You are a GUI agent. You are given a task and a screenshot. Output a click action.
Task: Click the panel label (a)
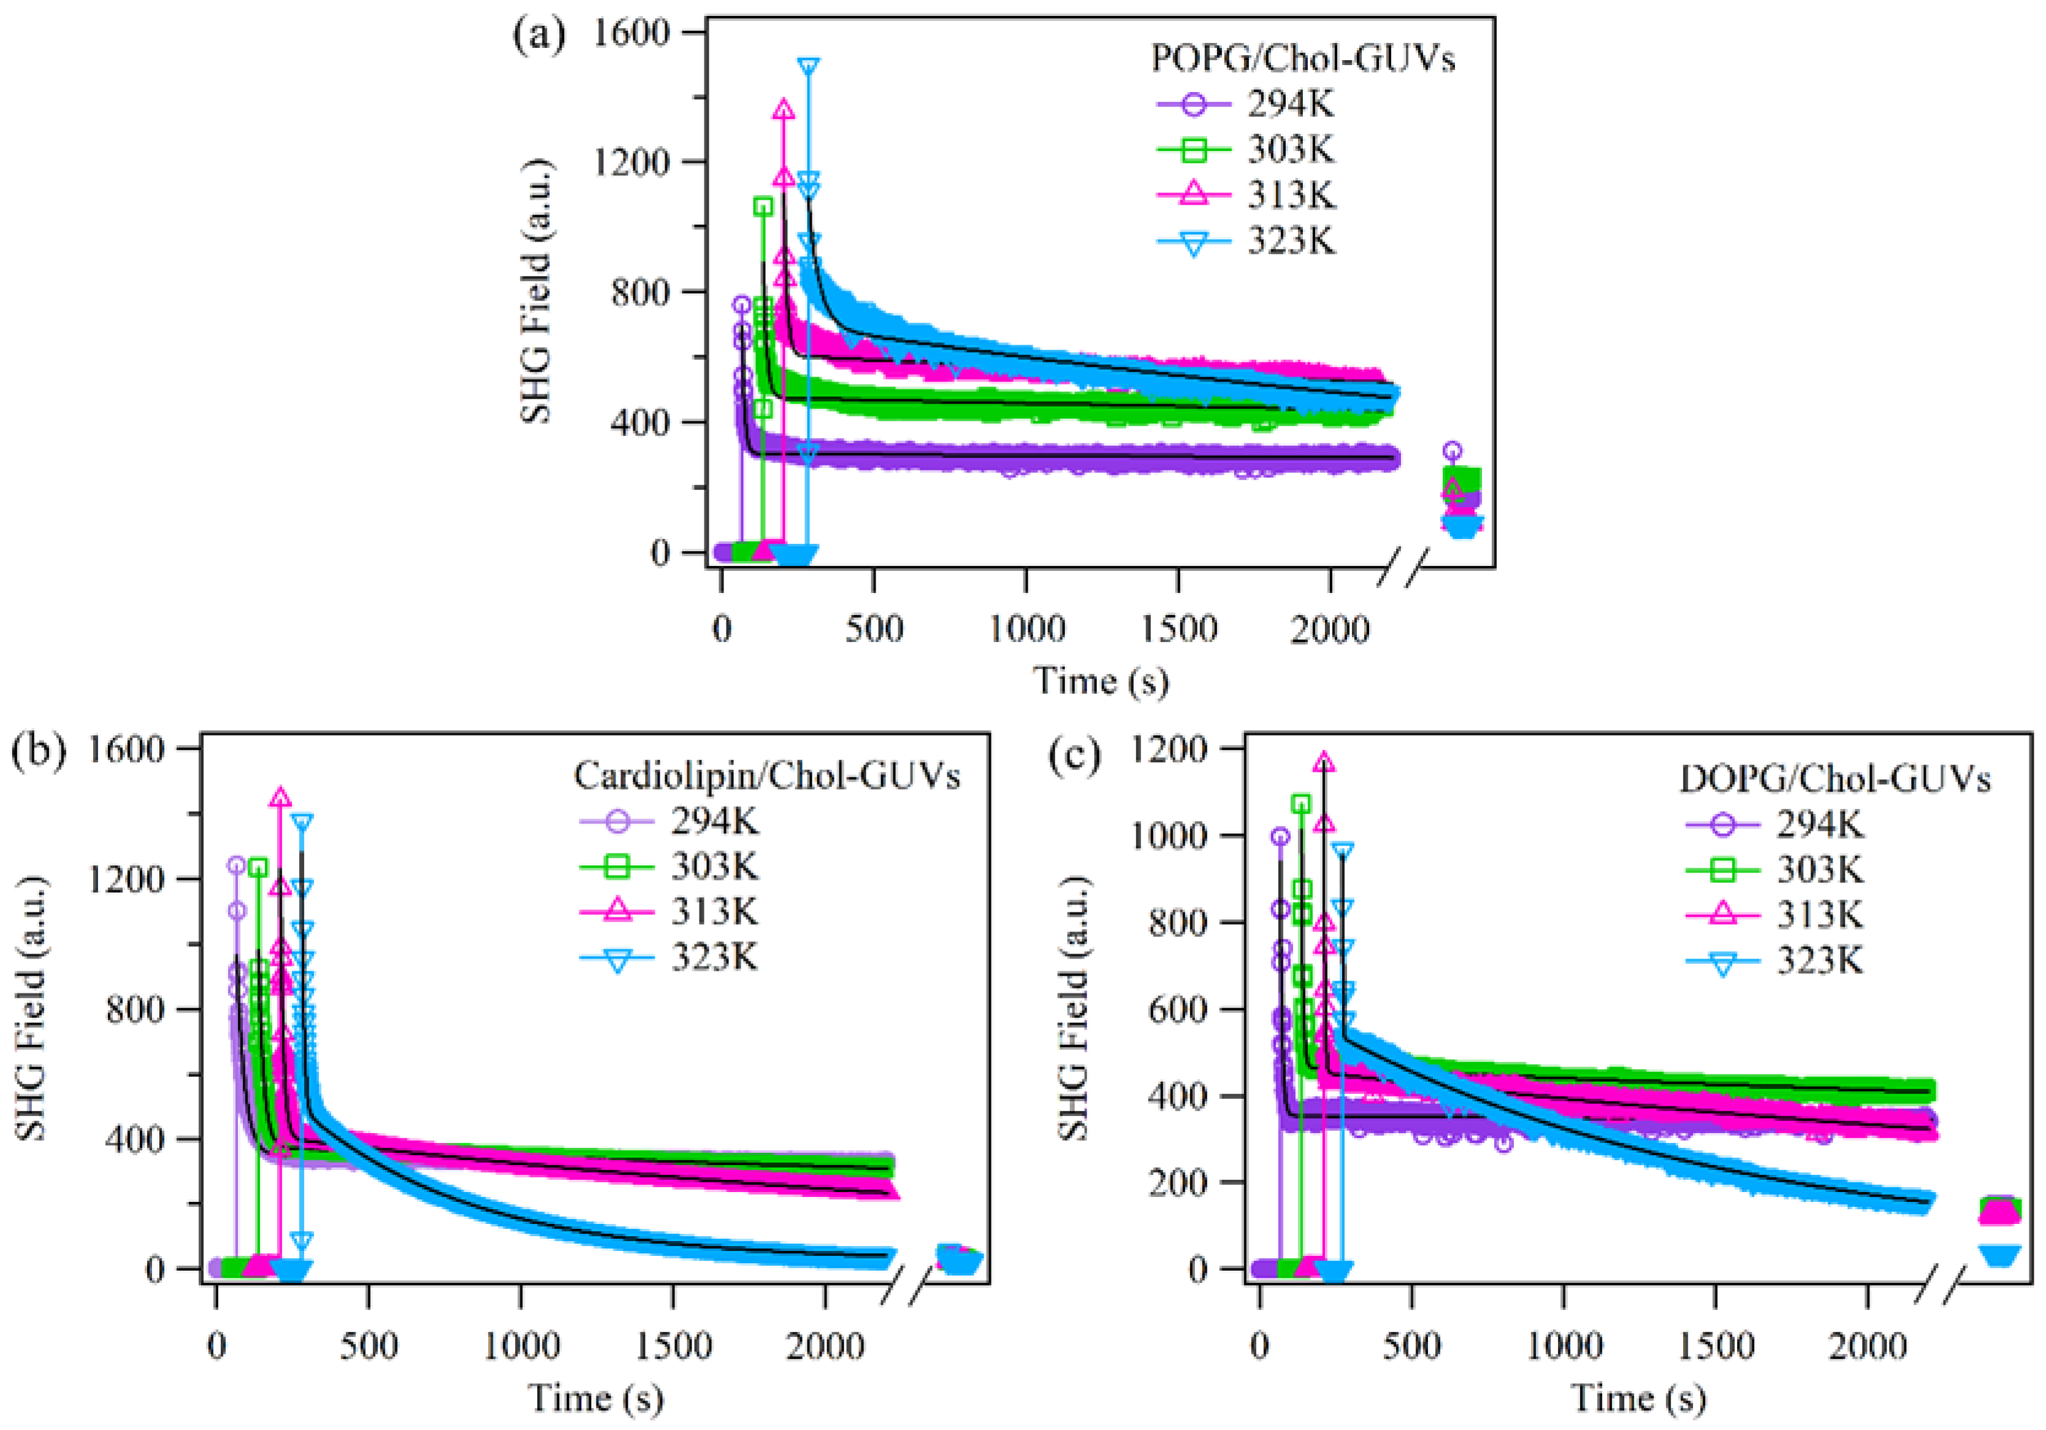coord(538,37)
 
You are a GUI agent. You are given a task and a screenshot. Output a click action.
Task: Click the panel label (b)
coord(38,751)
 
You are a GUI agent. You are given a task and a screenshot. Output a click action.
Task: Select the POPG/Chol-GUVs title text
coord(1303,59)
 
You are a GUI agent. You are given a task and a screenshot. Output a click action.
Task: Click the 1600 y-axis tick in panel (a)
coord(631,33)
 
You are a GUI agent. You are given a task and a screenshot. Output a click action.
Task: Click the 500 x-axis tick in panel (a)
coord(873,630)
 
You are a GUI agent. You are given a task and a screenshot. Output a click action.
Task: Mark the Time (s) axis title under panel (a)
coord(1101,682)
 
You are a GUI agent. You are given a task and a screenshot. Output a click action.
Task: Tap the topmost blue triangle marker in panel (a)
coord(808,67)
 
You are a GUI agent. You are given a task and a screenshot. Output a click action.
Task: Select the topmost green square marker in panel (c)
coord(1301,805)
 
